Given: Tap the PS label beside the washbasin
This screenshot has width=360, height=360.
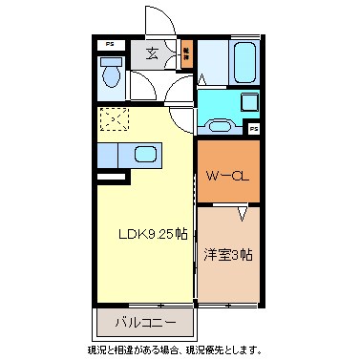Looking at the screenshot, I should point(254,127).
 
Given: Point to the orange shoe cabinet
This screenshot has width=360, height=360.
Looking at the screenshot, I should point(185,54).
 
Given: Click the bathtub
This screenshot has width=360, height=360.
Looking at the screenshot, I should point(241,62).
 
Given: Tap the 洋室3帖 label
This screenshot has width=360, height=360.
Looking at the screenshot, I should point(228,255).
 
